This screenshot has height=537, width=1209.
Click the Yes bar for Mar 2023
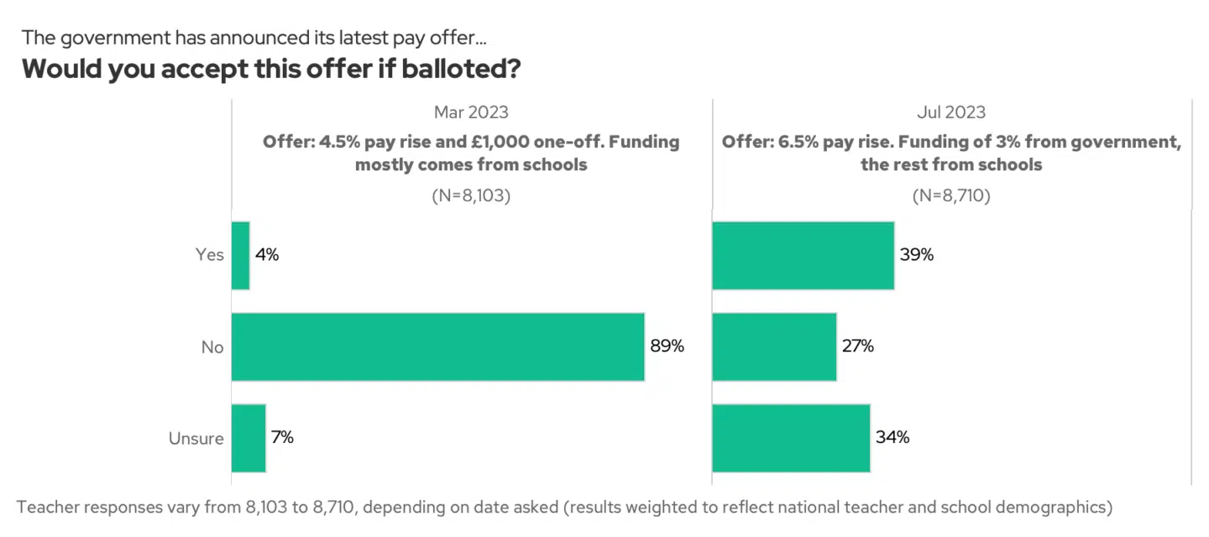pos(241,255)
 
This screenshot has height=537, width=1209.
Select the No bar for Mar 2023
pos(437,347)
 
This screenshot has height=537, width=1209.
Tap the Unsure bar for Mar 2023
pos(249,438)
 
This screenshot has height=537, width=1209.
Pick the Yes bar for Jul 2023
pos(803,255)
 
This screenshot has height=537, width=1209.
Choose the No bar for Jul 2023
pos(774,347)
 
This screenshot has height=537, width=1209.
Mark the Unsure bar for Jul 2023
pos(791,438)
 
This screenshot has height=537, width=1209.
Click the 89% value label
pos(667,346)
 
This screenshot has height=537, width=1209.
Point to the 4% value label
pos(267,255)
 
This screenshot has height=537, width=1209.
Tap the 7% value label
pos(282,437)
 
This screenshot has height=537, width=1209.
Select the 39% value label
pos(917,255)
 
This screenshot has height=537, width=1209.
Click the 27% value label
pos(857,346)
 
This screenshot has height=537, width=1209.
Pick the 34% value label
pos(892,437)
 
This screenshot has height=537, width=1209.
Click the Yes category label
pos(209,255)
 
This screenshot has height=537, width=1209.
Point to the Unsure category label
pos(196,438)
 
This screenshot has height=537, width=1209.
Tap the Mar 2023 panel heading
pos(471,112)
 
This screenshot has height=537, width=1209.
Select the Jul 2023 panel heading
pos(951,112)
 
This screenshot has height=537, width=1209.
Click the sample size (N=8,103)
pos(471,196)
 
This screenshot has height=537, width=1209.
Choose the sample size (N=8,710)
pos(951,196)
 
